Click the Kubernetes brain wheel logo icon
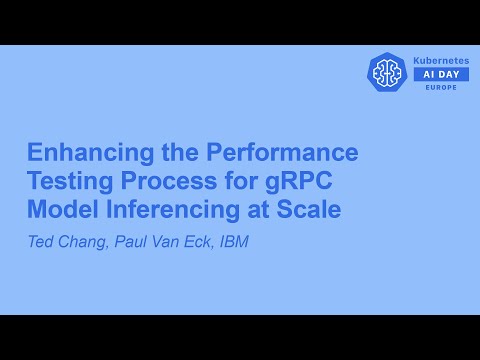(x=387, y=72)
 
